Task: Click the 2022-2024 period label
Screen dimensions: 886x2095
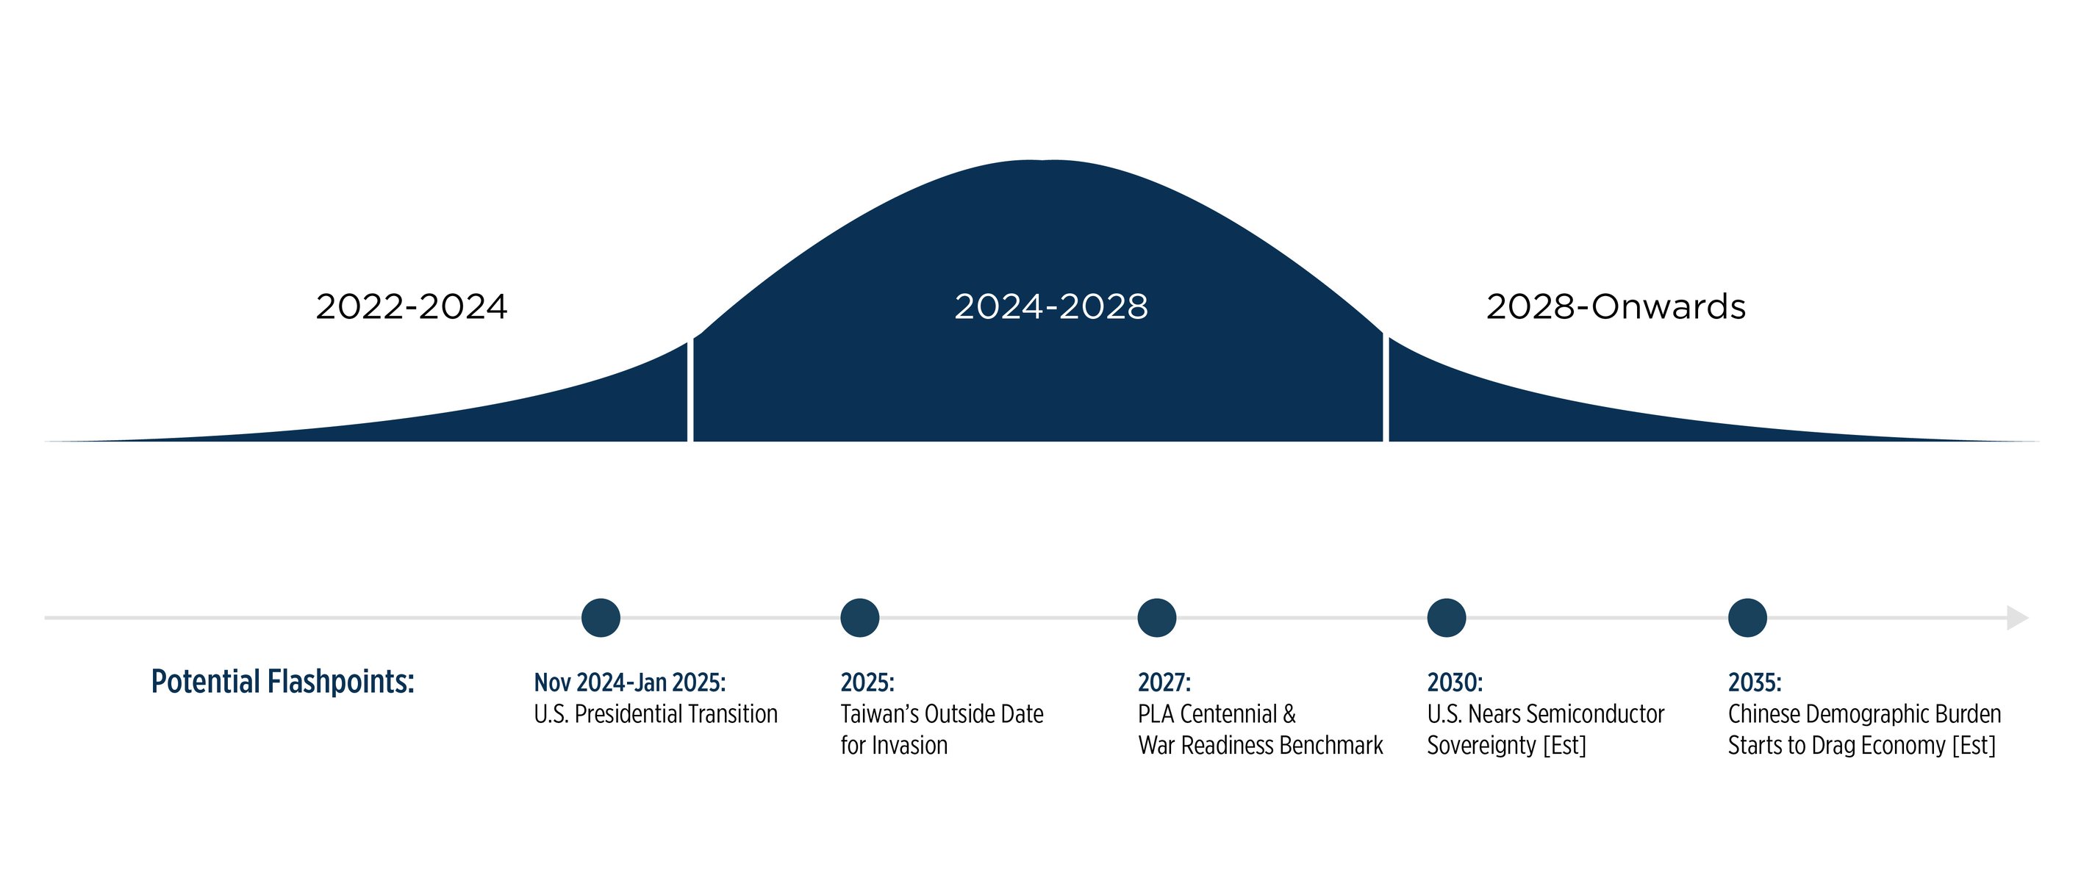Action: pos(411,307)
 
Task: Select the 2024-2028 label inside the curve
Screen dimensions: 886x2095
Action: pos(1050,307)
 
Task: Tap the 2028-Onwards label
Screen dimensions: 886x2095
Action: pos(1615,307)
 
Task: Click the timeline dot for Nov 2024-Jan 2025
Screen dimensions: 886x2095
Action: pos(601,618)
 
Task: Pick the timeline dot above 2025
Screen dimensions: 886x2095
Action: pos(859,618)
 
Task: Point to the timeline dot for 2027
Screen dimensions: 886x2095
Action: pos(1156,618)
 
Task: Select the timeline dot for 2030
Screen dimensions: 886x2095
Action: pos(1446,618)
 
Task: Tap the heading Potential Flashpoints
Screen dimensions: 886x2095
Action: pos(282,682)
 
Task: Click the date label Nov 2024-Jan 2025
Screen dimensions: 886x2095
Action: pos(629,682)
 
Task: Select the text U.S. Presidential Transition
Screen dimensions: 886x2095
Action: pos(656,713)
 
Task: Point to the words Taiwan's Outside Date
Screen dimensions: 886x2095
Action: pos(942,713)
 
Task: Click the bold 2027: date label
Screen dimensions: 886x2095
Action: pos(1164,682)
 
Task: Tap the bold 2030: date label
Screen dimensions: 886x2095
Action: pos(1454,682)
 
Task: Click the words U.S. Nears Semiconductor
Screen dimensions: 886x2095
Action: pos(1545,713)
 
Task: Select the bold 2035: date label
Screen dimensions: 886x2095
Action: pos(1754,682)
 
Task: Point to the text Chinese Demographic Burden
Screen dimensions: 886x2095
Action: pos(1864,713)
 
